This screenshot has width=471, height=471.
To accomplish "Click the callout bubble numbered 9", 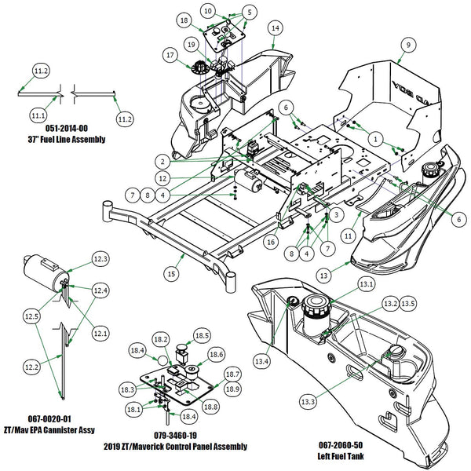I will [x=407, y=46].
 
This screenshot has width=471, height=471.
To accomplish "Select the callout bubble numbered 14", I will [x=274, y=27].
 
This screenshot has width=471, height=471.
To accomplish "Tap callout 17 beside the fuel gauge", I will [x=170, y=55].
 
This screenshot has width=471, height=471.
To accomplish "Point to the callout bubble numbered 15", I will [x=170, y=273].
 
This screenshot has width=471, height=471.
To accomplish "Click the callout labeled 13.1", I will [x=365, y=283].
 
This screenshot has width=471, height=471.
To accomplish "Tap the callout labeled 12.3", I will [x=101, y=258].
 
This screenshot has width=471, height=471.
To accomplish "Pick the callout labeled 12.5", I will [x=31, y=316].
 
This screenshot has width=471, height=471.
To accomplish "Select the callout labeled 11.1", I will [x=38, y=115].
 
